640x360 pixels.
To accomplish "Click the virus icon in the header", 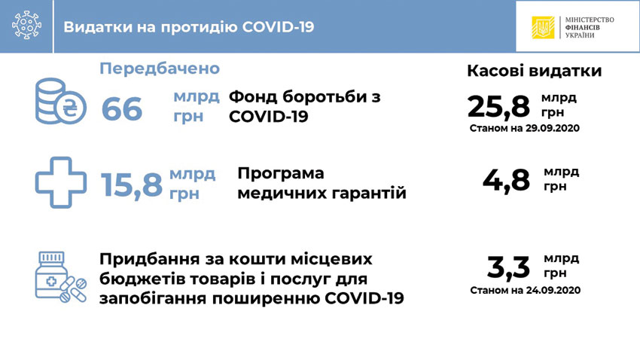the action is [x=26, y=25].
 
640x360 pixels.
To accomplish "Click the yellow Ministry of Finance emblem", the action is [x=543, y=27].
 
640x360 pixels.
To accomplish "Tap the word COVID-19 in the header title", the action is [x=278, y=27].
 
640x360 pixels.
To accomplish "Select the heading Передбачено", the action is [x=160, y=69].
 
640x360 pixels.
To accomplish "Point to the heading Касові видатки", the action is [x=535, y=71].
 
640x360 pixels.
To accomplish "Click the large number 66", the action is [x=122, y=109].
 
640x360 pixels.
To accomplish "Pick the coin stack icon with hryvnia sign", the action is [x=60, y=101].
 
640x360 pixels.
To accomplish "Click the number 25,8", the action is [x=498, y=106].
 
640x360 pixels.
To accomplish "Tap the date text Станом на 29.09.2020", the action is [x=525, y=128].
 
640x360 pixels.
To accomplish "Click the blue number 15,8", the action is [x=132, y=185].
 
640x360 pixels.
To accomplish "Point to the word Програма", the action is [x=281, y=173].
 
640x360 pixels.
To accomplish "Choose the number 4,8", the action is [x=506, y=180].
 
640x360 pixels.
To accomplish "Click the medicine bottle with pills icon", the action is [x=60, y=277].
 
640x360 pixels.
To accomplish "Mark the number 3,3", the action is [x=508, y=267].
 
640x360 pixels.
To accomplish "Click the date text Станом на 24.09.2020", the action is [x=526, y=290].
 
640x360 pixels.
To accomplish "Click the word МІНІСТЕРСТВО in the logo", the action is [x=590, y=20].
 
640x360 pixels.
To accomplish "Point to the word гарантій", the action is [x=369, y=193].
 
